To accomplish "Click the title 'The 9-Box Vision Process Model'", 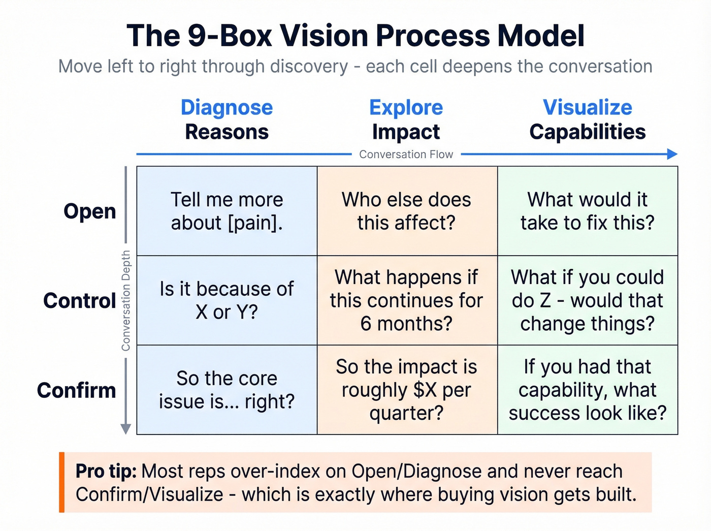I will pyautogui.click(x=355, y=36).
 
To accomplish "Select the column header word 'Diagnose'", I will pyautogui.click(x=227, y=108).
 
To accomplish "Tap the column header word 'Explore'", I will pyautogui.click(x=406, y=108).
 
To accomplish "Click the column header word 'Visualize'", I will pyautogui.click(x=587, y=108).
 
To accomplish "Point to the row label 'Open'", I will pyautogui.click(x=90, y=211).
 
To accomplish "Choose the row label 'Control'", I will pyautogui.click(x=80, y=300).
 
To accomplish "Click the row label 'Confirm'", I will pyautogui.click(x=77, y=390).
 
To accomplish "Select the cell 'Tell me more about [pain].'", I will pyautogui.click(x=227, y=211).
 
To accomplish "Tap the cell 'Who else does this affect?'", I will pyautogui.click(x=406, y=211).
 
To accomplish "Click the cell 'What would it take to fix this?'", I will pyautogui.click(x=587, y=211).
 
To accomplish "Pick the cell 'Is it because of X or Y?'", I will pyautogui.click(x=227, y=300).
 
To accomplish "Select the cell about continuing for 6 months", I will pyautogui.click(x=406, y=300).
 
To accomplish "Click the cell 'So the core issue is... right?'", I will pyautogui.click(x=227, y=390).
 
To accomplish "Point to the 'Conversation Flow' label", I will pyautogui.click(x=406, y=154).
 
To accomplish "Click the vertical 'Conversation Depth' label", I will pyautogui.click(x=126, y=300).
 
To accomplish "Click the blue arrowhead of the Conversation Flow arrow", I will pyautogui.click(x=672, y=154).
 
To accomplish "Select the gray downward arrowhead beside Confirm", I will pyautogui.click(x=126, y=429).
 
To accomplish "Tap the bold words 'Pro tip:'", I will pyautogui.click(x=106, y=471).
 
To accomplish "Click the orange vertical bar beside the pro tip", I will pyautogui.click(x=62, y=482).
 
